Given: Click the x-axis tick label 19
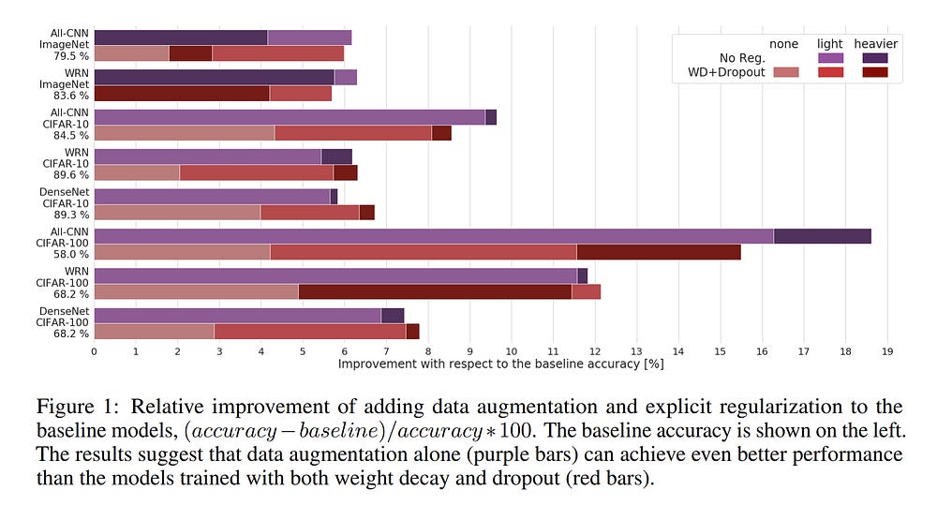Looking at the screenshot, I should tap(887, 351).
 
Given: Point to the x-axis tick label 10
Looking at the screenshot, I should tap(512, 351).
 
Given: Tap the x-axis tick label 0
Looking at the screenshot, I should tap(94, 351).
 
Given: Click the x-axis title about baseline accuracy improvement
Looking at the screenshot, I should tap(500, 364).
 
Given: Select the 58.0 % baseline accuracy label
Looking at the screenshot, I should tap(71, 254).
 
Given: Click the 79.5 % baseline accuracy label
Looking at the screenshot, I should tap(71, 56).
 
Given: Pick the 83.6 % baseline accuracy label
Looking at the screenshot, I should tap(71, 96).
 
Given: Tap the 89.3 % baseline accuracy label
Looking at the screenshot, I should tap(71, 215).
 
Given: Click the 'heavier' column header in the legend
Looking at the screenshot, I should tap(875, 44).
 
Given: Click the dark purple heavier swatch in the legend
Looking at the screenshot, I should tap(875, 58).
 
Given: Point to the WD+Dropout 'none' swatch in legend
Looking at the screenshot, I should tap(784, 72).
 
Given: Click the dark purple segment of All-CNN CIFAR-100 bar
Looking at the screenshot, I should tap(822, 236).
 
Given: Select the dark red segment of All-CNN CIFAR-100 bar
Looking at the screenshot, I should tap(658, 251).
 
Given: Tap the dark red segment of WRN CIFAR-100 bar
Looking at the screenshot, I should tap(435, 291).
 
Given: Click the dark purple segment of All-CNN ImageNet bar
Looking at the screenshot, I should tap(181, 37).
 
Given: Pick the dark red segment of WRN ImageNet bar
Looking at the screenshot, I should tap(181, 94).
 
